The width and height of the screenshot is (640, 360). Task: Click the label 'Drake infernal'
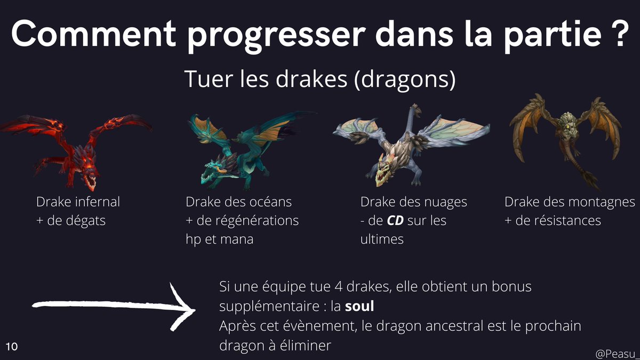tap(78, 202)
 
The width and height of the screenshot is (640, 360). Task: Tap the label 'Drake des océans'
tap(238, 202)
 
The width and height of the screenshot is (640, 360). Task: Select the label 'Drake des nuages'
tap(413, 202)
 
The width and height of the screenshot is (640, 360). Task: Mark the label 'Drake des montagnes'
tap(570, 202)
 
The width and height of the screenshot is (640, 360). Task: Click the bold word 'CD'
tap(395, 220)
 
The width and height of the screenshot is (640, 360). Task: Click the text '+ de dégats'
tap(71, 220)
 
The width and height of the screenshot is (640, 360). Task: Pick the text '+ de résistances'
tap(553, 220)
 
